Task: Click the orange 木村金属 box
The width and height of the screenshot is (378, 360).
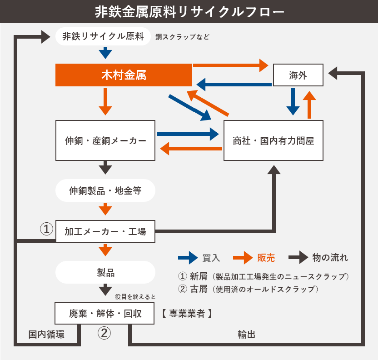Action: (x=123, y=75)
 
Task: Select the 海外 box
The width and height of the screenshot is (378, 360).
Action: (x=298, y=75)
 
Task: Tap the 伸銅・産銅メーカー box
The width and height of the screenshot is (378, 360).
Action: (x=105, y=140)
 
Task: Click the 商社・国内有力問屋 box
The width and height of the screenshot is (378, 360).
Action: (x=274, y=140)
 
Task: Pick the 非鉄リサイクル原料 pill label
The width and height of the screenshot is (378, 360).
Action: (x=103, y=36)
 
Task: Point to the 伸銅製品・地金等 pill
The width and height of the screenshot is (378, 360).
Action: (x=105, y=191)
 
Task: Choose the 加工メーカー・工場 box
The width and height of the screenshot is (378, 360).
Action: (x=105, y=231)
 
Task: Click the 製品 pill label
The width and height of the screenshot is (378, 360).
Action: (x=105, y=272)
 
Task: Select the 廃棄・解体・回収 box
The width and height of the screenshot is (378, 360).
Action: (x=105, y=313)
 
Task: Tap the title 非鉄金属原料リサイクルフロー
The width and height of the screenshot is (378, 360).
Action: (x=189, y=11)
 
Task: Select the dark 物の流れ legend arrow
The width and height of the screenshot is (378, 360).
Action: (x=298, y=258)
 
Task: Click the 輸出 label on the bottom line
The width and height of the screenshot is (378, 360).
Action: (x=246, y=335)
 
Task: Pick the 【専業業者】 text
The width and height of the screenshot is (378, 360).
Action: (x=186, y=313)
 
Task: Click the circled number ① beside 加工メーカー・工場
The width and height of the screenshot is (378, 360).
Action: (x=46, y=229)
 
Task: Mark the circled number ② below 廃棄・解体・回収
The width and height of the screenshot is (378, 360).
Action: (x=104, y=333)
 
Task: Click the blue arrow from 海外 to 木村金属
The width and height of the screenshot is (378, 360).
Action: (x=234, y=84)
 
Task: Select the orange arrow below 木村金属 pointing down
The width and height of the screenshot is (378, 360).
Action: (x=105, y=101)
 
